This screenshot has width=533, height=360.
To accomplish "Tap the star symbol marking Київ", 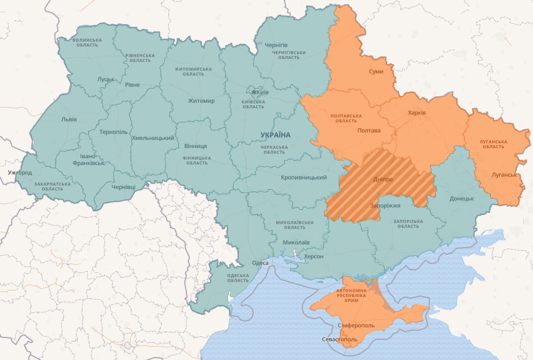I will pos(254,92).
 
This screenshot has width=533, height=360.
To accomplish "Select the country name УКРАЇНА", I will pos(275,135).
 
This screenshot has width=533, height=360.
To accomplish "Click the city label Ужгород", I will pos(20,172).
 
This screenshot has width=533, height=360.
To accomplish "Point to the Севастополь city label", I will pos(339,339).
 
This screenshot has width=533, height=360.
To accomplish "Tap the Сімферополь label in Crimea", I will pos(356,325).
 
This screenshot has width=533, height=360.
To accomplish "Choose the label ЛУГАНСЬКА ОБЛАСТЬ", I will pos(493,144).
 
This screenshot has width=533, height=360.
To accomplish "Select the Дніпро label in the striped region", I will pos(383,179).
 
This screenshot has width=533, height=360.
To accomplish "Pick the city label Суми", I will pos(376,72).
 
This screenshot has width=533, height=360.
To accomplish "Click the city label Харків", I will pos(417,113).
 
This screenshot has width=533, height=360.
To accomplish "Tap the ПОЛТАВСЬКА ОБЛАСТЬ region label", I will pos(346,118).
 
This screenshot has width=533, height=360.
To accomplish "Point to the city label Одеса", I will pos(260,263).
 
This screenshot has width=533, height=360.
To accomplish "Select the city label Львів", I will pos(69,119).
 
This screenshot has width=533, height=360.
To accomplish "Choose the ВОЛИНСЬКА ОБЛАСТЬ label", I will pos(87,42).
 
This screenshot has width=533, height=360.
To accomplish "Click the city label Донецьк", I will pos(461,199).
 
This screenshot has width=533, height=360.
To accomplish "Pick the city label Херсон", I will pos(314,256).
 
